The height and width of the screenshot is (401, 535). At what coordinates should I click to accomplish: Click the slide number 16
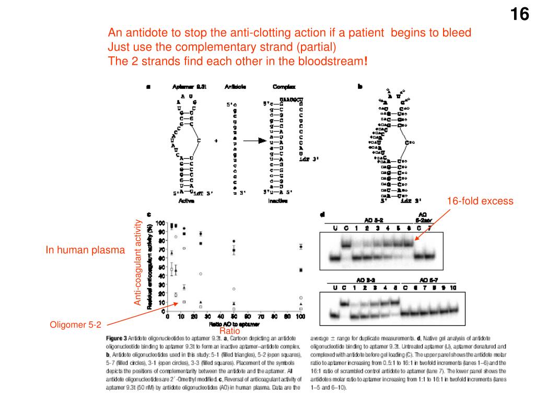coord(519,15)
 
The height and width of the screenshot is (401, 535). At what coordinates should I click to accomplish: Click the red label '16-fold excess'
coord(480,201)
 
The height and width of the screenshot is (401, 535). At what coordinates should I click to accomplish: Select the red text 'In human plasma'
coord(85,251)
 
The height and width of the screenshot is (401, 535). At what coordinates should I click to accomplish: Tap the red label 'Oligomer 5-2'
coord(75,325)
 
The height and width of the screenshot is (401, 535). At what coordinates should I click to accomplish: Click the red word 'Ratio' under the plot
coord(229,331)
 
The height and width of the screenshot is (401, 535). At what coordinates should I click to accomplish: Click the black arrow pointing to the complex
coord(255,141)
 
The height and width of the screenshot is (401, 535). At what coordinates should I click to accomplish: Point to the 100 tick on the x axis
coord(300,317)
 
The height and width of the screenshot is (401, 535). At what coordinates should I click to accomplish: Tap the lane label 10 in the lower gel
coord(452,288)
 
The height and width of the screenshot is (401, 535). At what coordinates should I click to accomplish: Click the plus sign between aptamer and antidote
coord(216,141)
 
